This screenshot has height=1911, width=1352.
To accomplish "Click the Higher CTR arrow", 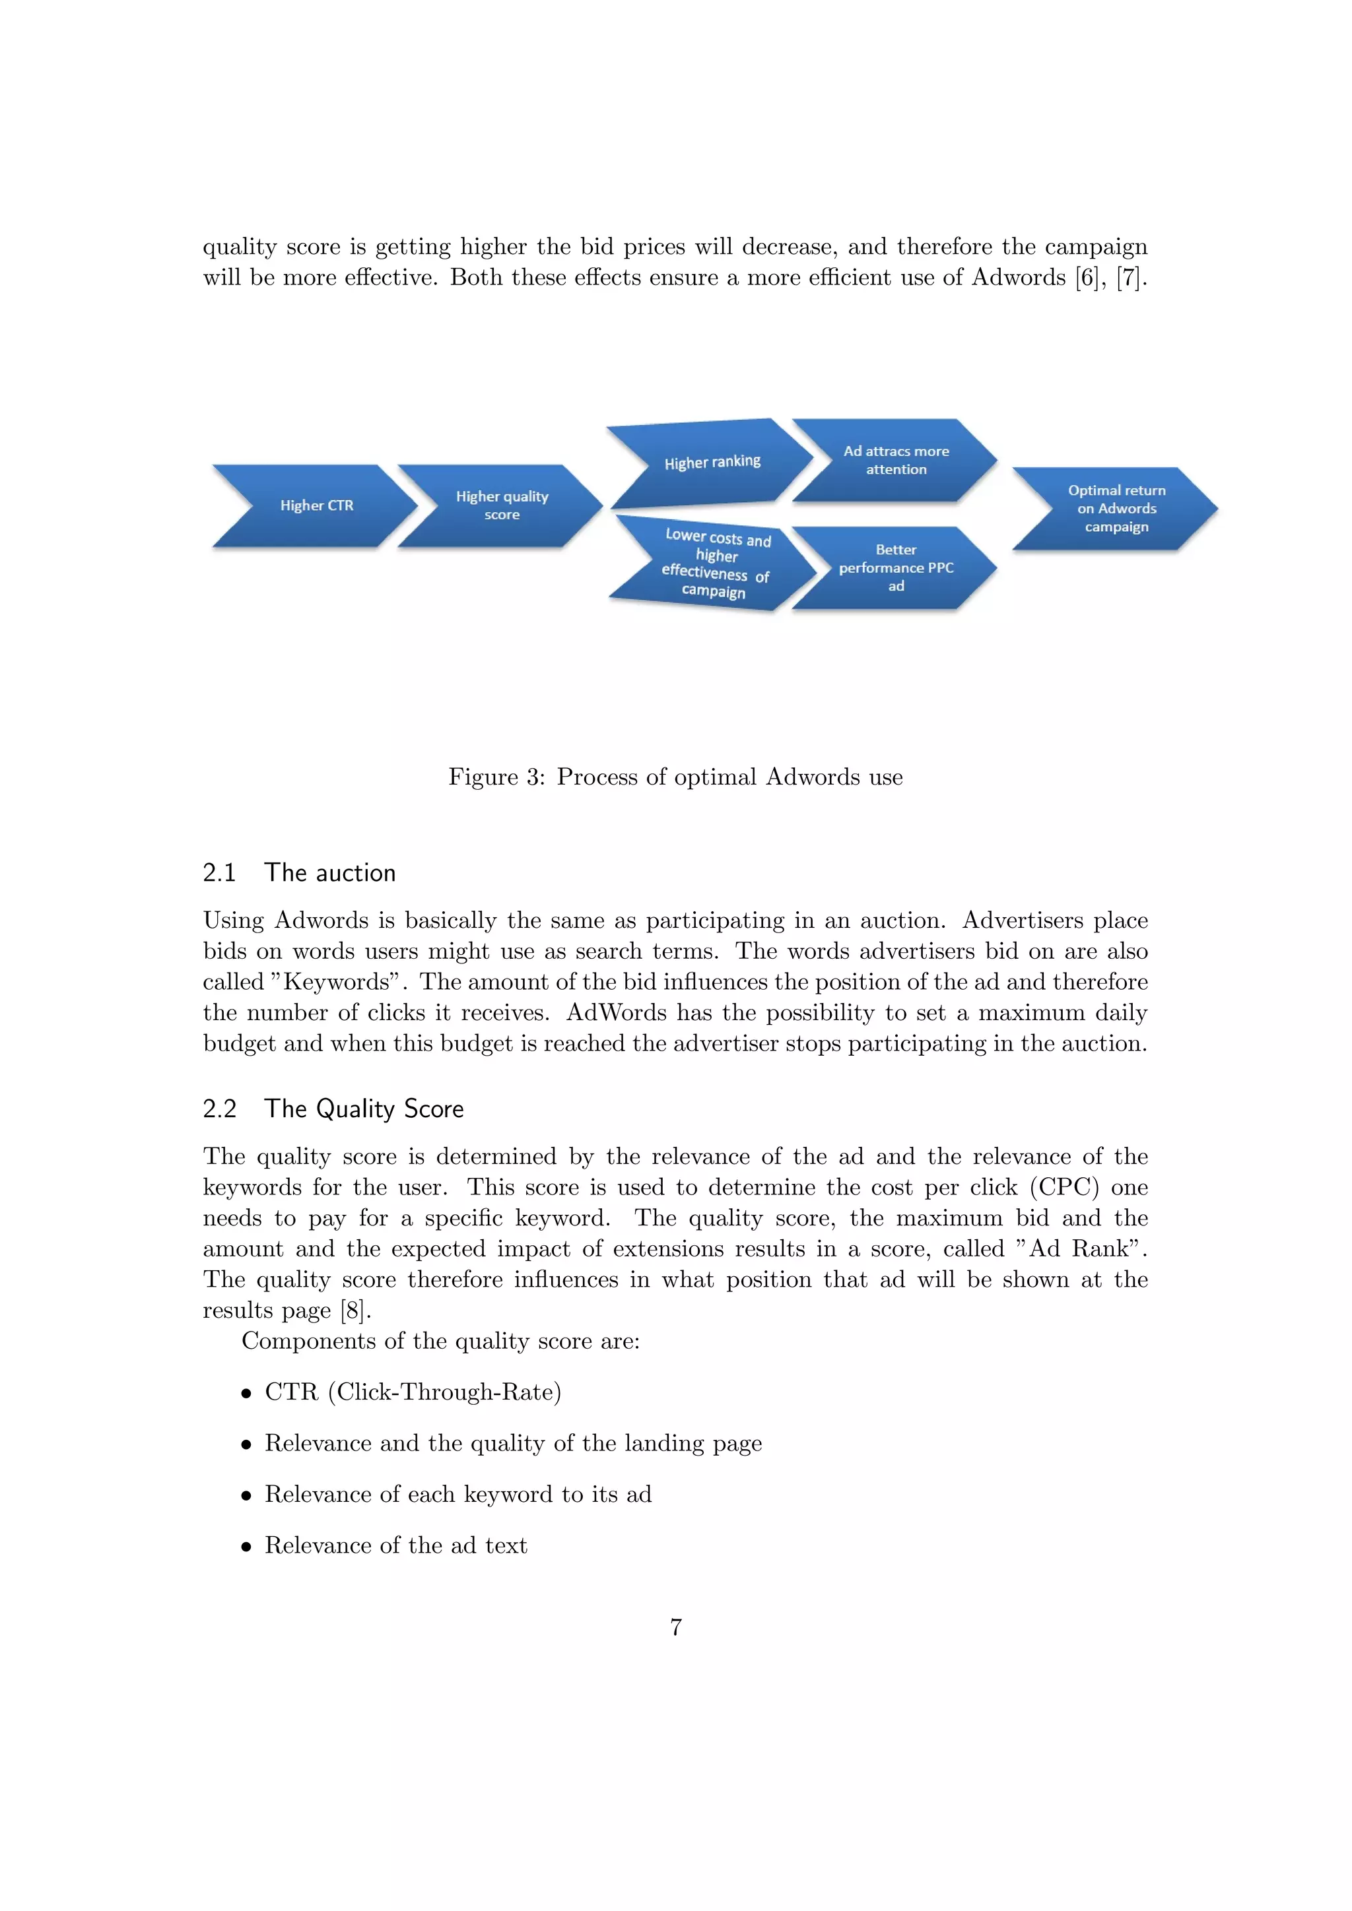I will [x=316, y=505].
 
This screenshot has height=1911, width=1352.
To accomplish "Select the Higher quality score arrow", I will [x=501, y=505].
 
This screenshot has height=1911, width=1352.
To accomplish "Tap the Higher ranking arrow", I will [x=712, y=463].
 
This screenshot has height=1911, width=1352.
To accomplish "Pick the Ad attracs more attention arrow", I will [x=896, y=461].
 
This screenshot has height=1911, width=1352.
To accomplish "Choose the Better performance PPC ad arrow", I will [x=896, y=567].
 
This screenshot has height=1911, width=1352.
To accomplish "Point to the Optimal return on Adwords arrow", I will [x=1116, y=509].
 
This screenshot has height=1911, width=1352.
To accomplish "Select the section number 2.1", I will [x=220, y=872].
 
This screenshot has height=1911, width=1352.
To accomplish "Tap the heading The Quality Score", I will [x=364, y=1109].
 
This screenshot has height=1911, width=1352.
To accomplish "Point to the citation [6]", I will [x=1087, y=277].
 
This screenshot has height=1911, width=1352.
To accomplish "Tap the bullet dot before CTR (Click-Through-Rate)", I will [x=246, y=1393].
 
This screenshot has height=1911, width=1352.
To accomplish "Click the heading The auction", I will [x=329, y=872].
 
